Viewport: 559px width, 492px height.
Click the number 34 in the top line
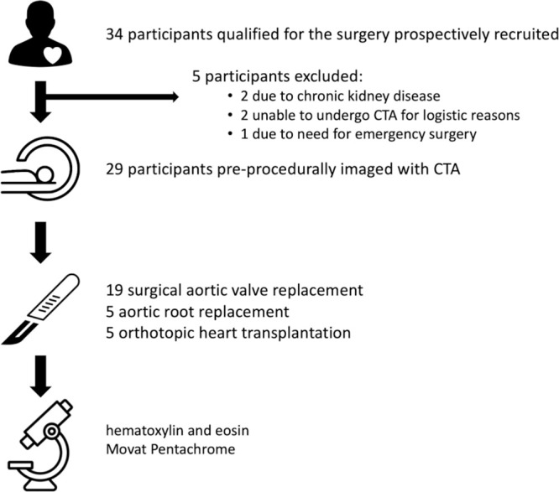pyautogui.click(x=114, y=34)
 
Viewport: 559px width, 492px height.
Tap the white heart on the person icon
pyautogui.click(x=53, y=54)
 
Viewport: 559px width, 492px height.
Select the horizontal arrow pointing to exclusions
pyautogui.click(x=112, y=96)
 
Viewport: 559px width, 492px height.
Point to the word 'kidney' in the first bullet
pyautogui.click(x=369, y=96)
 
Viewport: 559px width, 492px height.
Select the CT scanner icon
pyautogui.click(x=40, y=168)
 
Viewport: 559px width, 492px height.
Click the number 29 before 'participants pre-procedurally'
pyautogui.click(x=114, y=168)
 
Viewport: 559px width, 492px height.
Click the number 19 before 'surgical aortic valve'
pyautogui.click(x=114, y=290)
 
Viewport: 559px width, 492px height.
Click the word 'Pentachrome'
pyautogui.click(x=193, y=449)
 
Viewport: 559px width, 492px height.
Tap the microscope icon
pyautogui.click(x=40, y=445)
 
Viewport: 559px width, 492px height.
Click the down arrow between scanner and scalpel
pyautogui.click(x=40, y=242)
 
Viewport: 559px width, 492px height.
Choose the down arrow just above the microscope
pyautogui.click(x=40, y=376)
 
